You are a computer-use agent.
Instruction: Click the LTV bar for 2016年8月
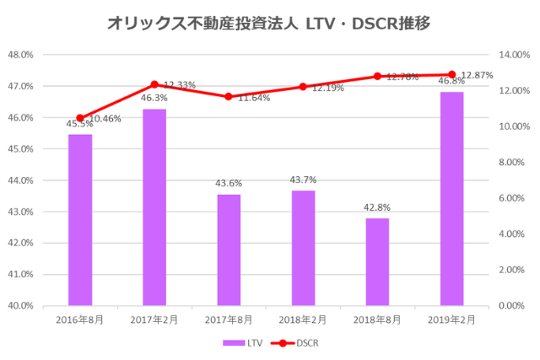[80, 219]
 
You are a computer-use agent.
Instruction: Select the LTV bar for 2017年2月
[154, 207]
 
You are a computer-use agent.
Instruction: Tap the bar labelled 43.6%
[229, 250]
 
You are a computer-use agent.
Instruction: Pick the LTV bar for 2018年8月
[377, 261]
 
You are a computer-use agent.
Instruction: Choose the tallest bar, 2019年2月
[451, 198]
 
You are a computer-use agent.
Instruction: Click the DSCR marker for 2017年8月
[229, 97]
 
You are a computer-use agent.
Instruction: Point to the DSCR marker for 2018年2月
[303, 87]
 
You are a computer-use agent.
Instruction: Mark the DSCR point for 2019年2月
[451, 74]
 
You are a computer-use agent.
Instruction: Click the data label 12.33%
[180, 85]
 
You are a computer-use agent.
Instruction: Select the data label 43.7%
[303, 180]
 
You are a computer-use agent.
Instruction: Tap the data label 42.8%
[377, 207]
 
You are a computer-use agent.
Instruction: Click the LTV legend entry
[244, 343]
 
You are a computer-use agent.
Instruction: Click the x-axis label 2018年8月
[377, 320]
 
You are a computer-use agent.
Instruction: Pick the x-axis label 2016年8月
[80, 320]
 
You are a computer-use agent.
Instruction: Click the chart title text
[269, 24]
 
